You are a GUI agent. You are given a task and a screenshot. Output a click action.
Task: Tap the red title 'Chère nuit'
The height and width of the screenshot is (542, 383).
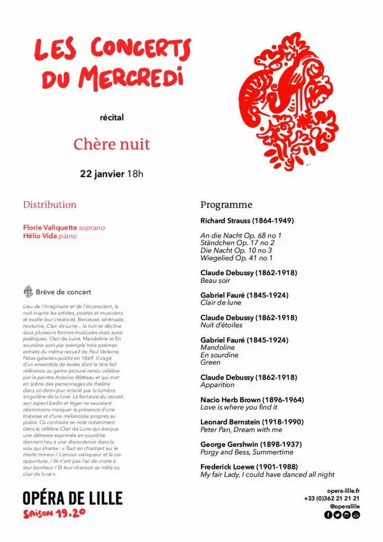(112, 144)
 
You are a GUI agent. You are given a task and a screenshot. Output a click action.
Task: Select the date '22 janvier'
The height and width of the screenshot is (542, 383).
(102, 174)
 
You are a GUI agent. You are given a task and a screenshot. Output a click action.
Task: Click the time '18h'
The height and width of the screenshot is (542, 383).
(135, 174)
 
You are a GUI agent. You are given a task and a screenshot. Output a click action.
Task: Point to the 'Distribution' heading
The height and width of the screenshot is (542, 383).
(50, 205)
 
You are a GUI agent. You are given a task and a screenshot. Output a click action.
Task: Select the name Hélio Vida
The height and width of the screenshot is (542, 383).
(40, 236)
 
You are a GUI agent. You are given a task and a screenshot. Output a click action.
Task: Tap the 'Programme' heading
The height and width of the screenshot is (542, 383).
(226, 205)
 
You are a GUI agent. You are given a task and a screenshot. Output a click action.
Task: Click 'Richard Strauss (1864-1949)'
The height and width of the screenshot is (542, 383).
(247, 220)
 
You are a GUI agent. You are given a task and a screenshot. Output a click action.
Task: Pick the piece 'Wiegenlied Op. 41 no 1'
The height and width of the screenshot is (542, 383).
(236, 258)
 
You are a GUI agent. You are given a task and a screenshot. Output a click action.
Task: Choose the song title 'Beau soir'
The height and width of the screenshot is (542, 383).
(215, 281)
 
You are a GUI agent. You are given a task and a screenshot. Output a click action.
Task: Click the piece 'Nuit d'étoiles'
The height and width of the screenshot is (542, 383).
(221, 325)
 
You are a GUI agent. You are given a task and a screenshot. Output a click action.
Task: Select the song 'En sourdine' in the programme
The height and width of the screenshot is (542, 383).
(219, 355)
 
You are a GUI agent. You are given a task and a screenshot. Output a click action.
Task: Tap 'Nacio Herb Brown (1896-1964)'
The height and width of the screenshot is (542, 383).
(252, 400)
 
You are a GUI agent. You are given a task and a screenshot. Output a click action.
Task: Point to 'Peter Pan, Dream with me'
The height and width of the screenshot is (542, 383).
(241, 430)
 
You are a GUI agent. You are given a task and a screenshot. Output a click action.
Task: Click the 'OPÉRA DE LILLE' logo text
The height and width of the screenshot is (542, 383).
(72, 498)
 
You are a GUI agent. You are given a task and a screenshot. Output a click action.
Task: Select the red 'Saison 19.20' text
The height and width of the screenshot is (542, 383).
(54, 514)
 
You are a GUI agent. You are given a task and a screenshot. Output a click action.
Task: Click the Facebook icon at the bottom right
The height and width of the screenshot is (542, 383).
(328, 515)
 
